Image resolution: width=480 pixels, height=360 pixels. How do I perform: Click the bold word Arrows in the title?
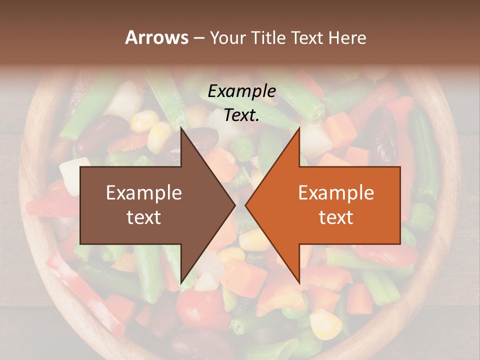click(157, 37)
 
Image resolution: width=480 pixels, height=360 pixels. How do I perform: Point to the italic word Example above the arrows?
click(241, 91)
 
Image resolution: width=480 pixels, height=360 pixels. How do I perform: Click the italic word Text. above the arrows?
click(241, 115)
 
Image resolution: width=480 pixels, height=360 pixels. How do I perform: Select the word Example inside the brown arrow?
click(144, 193)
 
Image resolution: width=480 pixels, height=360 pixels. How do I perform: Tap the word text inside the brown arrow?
click(144, 217)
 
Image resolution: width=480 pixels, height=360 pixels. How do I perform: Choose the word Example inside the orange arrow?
click(336, 193)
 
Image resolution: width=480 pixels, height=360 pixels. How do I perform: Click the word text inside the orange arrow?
click(336, 217)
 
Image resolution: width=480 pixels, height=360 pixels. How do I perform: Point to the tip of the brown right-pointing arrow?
click(235, 205)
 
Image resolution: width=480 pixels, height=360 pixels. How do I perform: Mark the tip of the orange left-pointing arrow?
click(245, 205)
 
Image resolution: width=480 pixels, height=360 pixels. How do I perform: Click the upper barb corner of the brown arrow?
click(181, 128)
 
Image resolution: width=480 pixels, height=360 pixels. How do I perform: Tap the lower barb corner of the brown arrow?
click(181, 283)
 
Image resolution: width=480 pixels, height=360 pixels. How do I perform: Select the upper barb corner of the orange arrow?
click(299, 128)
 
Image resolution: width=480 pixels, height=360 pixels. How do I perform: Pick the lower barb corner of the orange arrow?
click(299, 283)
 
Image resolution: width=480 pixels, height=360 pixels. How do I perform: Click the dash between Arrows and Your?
click(198, 38)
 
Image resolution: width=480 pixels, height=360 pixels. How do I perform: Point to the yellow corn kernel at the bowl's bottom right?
click(325, 323)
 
